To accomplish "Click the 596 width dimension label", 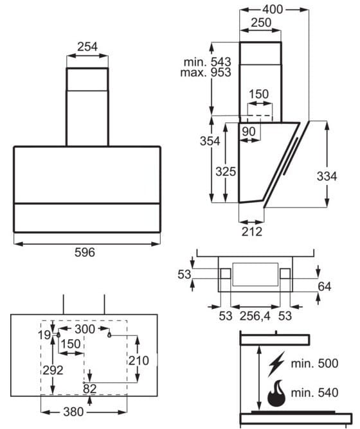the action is coord(85,252).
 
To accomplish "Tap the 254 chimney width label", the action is coord(87,46).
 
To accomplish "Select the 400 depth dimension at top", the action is coord(273,9).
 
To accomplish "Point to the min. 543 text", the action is coord(208,62).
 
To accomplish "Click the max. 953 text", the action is coord(206,72).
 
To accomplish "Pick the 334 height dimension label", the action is coord(327,176).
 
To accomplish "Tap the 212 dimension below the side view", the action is coord(252,231).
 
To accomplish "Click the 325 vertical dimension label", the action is coord(226,171).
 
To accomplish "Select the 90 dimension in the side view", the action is coord(249,132).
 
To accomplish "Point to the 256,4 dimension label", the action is coord(255,316).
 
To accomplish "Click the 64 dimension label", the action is coord(325,286).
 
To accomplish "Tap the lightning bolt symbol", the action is coord(277,363).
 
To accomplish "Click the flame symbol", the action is coord(276,393).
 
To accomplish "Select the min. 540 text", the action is coord(314,392).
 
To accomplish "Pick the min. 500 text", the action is coord(314,363).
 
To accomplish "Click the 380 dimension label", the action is coord(73,411).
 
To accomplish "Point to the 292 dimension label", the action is coord(53,370).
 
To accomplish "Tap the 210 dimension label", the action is coord(139,360).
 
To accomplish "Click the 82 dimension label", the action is coord(89,389).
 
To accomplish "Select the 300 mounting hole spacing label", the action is coord(85,329).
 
